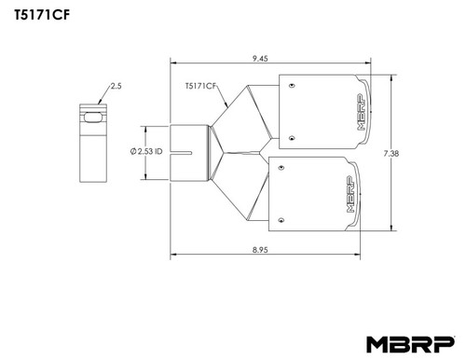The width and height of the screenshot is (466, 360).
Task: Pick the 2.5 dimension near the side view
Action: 116,86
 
